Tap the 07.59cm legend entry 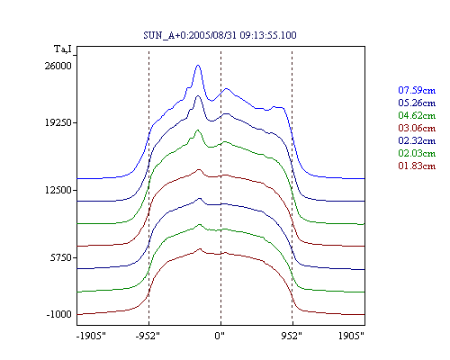click(417, 90)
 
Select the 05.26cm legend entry click(417, 103)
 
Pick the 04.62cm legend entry click(417, 115)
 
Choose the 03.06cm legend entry click(417, 128)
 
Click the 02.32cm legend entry click(417, 140)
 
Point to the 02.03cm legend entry click(417, 153)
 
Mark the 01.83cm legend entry click(417, 166)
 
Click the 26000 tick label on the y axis click(58, 66)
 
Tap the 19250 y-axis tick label click(58, 122)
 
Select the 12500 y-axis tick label click(58, 190)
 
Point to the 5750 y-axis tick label click(61, 257)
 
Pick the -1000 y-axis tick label click(59, 314)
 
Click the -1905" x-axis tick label click(91, 336)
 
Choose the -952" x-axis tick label click(148, 336)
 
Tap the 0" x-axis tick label click(220, 336)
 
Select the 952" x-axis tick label click(292, 336)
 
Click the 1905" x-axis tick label click(351, 336)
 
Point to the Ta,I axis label click(63, 49)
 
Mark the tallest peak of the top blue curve click(198, 65)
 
